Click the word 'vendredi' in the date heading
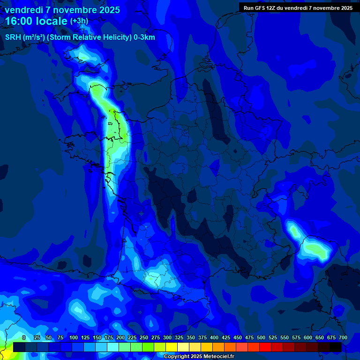coord(23,10)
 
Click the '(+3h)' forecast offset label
coord(79,21)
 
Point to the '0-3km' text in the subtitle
coord(144,37)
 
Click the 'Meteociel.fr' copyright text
coord(215,357)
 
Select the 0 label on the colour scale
coord(24,337)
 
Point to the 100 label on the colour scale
coord(74,337)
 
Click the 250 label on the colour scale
coord(144,337)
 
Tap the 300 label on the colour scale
coord(167,337)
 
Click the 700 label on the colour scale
coord(343,337)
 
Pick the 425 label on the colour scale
coord(226,337)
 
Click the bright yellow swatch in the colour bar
coord(172,347)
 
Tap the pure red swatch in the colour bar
coord(265,347)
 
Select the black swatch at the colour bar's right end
coord(336,347)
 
